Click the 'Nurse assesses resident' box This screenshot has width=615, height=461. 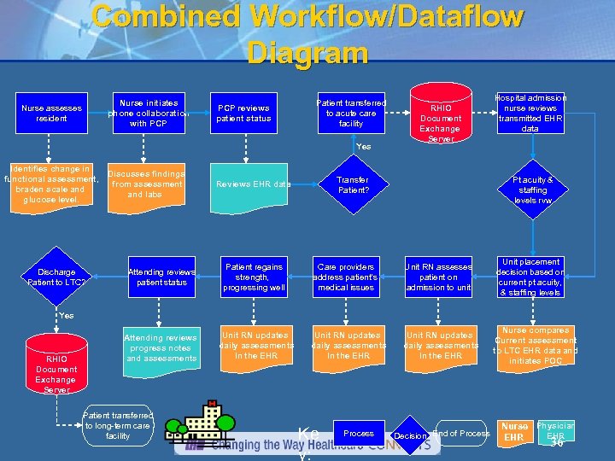[51, 114]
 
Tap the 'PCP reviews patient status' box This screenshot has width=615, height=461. [243, 114]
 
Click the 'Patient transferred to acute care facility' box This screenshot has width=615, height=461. [351, 113]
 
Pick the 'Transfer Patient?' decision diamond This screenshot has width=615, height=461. [352, 184]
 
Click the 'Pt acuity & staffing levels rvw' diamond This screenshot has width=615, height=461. [532, 189]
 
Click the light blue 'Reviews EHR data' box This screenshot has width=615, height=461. [254, 184]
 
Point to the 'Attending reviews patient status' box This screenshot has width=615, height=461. [162, 277]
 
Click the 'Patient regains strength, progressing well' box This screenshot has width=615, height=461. [254, 277]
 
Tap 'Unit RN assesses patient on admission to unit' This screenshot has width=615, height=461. [439, 277]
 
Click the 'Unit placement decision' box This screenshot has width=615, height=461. [530, 277]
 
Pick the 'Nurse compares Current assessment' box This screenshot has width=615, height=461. [536, 346]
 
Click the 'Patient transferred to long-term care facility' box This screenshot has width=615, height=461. [118, 425]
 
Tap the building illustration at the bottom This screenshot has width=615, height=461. [202, 426]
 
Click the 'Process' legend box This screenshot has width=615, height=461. [358, 434]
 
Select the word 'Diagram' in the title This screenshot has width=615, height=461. [307, 53]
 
